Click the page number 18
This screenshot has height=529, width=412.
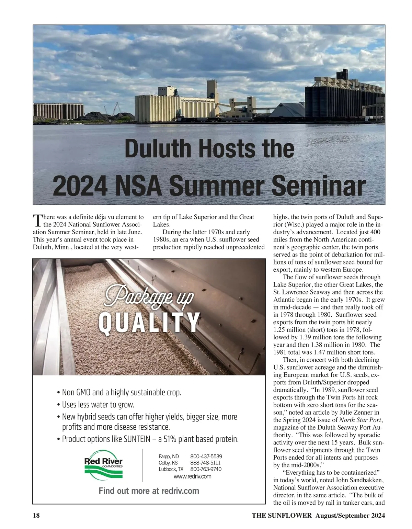click(36, 515)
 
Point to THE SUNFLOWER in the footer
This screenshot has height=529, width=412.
click(282, 515)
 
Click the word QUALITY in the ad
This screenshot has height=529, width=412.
click(149, 323)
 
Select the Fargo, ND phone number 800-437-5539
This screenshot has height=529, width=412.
click(206, 457)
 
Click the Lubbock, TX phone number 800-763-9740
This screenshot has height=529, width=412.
click(206, 469)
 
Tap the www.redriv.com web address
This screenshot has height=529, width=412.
click(192, 476)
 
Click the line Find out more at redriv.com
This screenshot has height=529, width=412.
click(149, 491)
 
